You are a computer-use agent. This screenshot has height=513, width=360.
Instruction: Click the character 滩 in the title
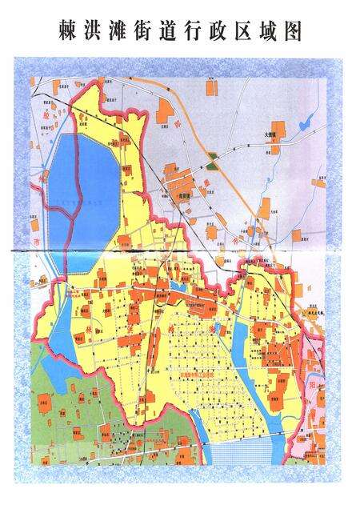point(120,30)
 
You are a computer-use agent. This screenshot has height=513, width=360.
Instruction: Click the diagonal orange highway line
point(232,168)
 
